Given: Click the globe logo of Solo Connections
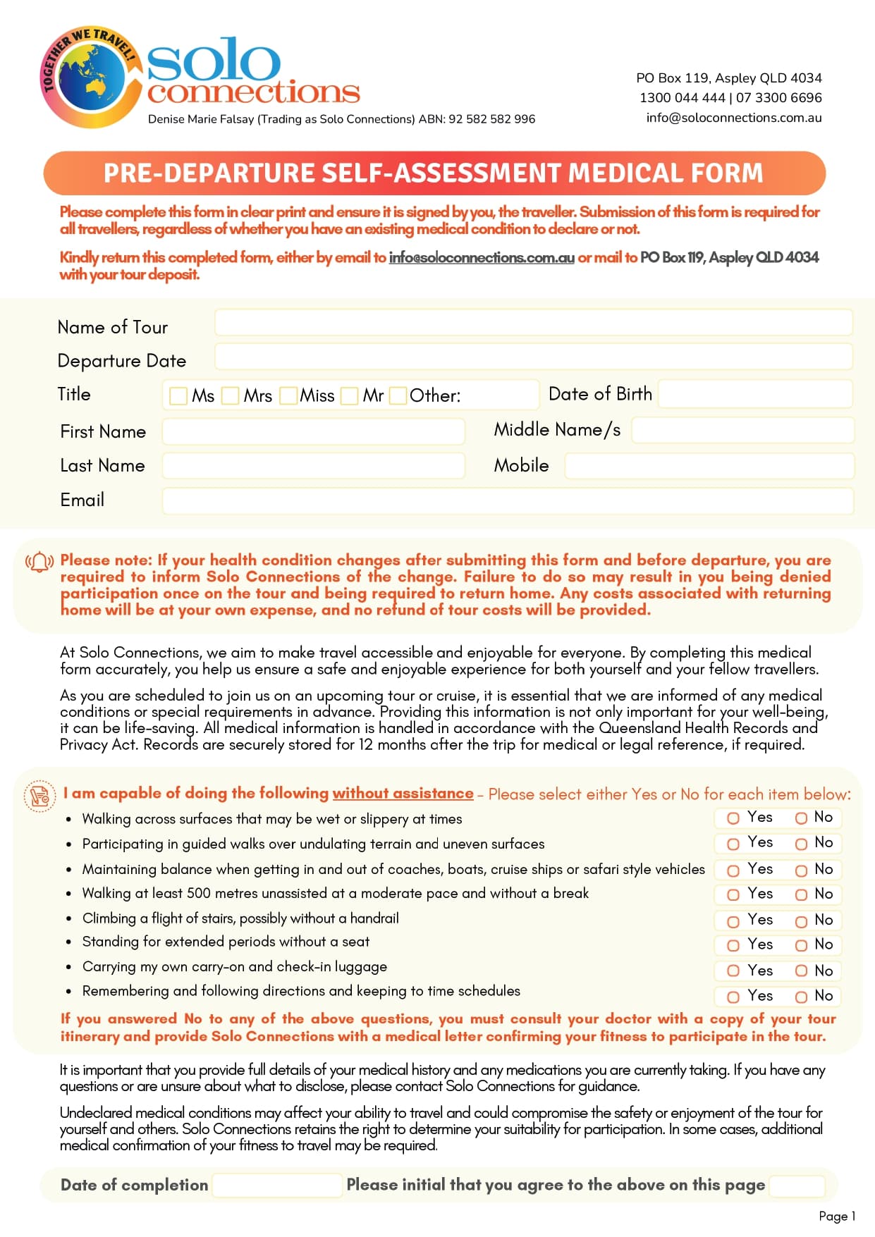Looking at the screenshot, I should (x=88, y=78).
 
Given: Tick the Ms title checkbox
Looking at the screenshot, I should (x=178, y=396).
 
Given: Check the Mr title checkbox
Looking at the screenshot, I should (x=349, y=396).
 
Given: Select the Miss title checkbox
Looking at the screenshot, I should (x=288, y=396).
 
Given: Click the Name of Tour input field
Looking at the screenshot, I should (x=533, y=323).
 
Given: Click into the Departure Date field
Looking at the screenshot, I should (x=533, y=357).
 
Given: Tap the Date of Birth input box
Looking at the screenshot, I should (x=755, y=394).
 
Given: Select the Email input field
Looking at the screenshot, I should (x=508, y=501).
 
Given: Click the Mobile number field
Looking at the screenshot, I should (x=709, y=466).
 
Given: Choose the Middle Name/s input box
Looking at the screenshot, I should (x=742, y=430).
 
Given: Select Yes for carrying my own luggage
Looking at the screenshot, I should (x=733, y=971).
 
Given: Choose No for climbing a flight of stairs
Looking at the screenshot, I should (x=801, y=921).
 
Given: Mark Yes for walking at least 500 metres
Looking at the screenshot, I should (x=733, y=895).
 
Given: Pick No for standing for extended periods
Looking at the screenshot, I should (x=801, y=945).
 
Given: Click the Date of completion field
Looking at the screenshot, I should (x=277, y=1186).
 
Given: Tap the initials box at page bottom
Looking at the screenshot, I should (x=797, y=1186).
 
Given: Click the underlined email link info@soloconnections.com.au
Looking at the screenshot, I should (x=482, y=258).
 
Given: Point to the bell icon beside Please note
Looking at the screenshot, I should (x=39, y=562).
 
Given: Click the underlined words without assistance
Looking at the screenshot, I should (x=403, y=794).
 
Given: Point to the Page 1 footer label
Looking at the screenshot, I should (x=837, y=1216).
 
